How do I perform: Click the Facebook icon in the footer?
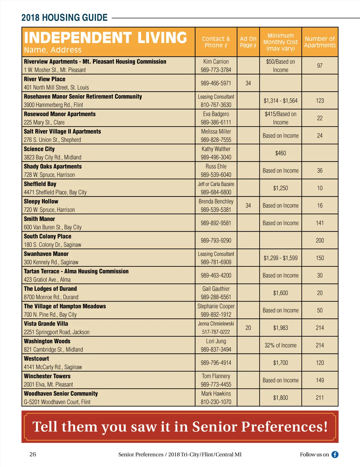(335, 454)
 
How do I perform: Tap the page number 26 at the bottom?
(33, 454)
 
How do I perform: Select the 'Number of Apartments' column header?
(320, 42)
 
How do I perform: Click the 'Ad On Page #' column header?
(248, 42)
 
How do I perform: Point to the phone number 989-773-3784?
(216, 70)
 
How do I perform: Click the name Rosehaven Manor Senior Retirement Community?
(83, 97)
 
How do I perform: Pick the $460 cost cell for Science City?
(280, 153)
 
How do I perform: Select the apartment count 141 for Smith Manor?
(320, 223)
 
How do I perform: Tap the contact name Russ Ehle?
(216, 166)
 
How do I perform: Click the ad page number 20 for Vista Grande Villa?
(248, 328)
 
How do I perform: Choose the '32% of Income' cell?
(280, 345)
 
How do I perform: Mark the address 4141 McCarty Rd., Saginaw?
(53, 367)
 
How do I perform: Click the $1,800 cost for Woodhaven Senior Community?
(280, 398)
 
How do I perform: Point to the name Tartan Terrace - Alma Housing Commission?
(76, 271)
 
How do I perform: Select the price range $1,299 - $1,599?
(280, 258)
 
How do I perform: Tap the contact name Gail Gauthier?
(216, 289)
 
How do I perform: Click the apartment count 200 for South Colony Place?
(320, 240)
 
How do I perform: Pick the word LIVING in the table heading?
(162, 38)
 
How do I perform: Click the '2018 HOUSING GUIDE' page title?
(64, 18)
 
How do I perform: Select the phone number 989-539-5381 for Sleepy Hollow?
(216, 210)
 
